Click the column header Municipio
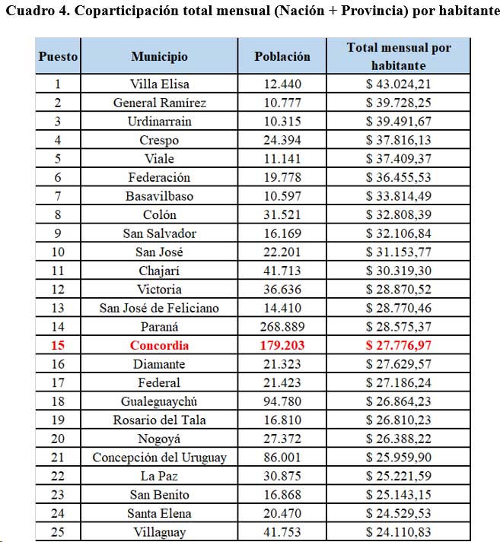(x=159, y=56)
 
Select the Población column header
(x=282, y=56)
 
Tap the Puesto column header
(x=58, y=56)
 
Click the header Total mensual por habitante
(x=399, y=56)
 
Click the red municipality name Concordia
(x=159, y=345)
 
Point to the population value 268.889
(x=282, y=327)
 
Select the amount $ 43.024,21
(x=399, y=84)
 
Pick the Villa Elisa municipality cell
(x=159, y=84)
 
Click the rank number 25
(x=58, y=532)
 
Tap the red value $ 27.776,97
(x=399, y=345)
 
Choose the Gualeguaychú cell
(x=159, y=401)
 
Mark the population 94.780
(x=282, y=401)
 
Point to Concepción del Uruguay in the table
(x=159, y=458)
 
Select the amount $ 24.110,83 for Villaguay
(x=399, y=532)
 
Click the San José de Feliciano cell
(x=159, y=308)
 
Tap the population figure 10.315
(x=282, y=122)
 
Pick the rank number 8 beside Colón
(x=58, y=214)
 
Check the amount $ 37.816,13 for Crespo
(x=399, y=140)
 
